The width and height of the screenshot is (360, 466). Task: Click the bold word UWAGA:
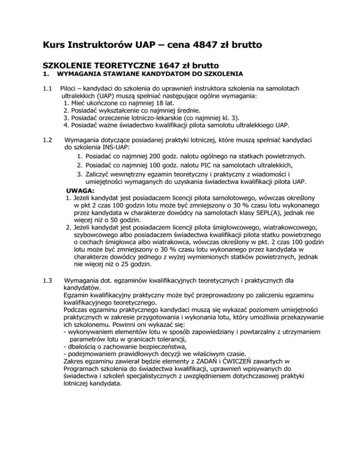coord(80,191)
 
